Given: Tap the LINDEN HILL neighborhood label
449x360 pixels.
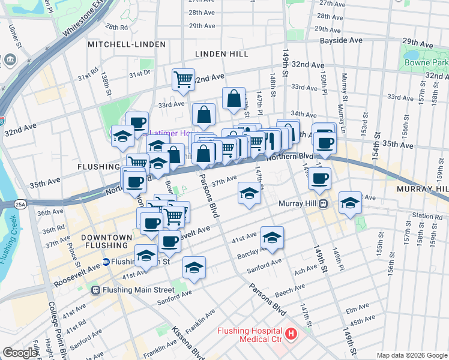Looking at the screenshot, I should click(222, 54).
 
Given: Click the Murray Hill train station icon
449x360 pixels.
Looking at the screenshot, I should click(323, 203).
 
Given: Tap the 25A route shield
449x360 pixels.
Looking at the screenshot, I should click(21, 205).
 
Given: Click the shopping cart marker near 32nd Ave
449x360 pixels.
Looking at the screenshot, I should click(183, 79).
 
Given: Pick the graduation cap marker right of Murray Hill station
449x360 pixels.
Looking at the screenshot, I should click(350, 203).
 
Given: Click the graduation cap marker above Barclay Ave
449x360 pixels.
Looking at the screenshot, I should click(272, 237).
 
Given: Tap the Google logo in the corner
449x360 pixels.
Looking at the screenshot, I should click(20, 353).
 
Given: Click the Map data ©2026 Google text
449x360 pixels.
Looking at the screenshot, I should click(411, 355).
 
